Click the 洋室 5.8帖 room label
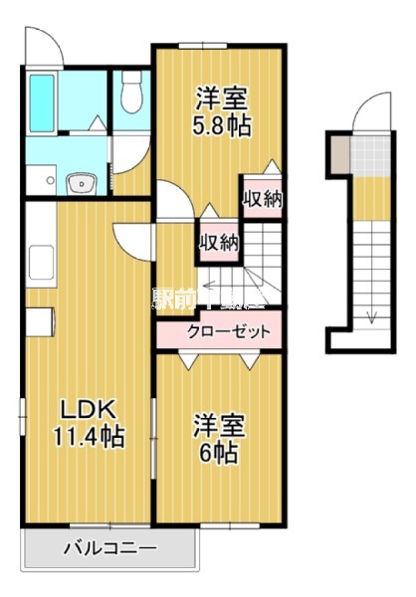(x=221, y=111)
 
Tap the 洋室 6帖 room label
(x=215, y=437)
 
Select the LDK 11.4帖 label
(x=88, y=422)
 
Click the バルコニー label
(x=109, y=547)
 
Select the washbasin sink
(x=78, y=183)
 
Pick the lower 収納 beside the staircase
(x=218, y=241)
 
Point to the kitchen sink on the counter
(x=44, y=264)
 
